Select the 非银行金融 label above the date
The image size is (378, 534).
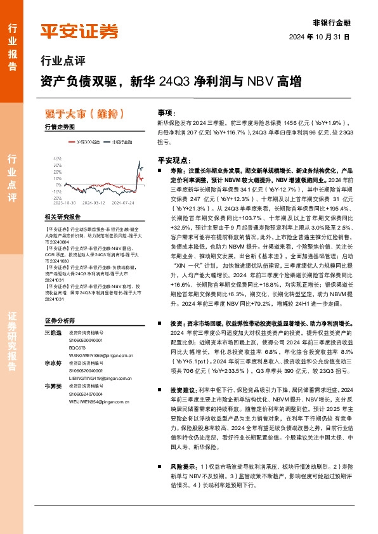(x=332, y=22)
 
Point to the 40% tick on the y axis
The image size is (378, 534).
(x=58, y=159)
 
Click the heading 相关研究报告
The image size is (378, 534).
(x=63, y=218)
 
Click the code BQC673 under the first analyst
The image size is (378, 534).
(x=77, y=348)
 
